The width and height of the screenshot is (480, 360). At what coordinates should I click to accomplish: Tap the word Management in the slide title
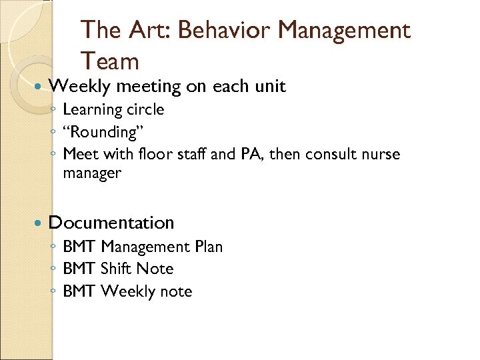click(344, 30)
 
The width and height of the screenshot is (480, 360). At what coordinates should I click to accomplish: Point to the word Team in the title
click(110, 61)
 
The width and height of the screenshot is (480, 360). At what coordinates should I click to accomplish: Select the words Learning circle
click(113, 109)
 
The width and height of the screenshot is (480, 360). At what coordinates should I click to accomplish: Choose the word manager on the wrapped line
click(92, 173)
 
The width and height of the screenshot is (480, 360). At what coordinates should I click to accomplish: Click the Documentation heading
click(111, 223)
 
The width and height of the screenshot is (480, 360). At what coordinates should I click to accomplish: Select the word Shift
click(116, 269)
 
